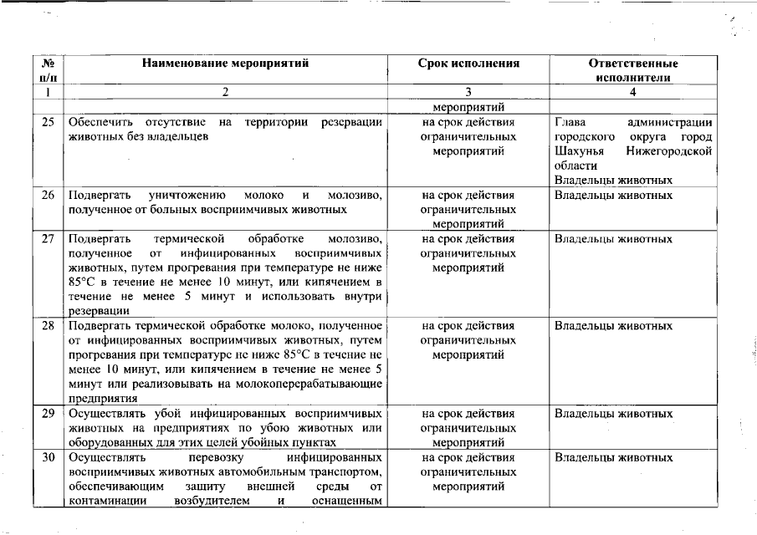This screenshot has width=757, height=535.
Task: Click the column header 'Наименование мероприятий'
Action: point(225,63)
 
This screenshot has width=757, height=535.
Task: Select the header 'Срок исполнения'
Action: point(468,63)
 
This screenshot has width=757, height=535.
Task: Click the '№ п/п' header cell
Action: point(48,69)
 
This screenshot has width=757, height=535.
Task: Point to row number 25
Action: point(48,122)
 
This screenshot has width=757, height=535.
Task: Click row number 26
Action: point(48,195)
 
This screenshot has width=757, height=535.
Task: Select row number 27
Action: point(48,239)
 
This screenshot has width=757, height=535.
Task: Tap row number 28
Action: point(48,325)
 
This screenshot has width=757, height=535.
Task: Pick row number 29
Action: point(48,412)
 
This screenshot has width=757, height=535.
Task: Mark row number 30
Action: point(48,457)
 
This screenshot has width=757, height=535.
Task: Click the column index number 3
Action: point(468,92)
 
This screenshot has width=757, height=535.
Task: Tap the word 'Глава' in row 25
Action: point(569,122)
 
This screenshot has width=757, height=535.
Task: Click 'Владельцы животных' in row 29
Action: point(613,412)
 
